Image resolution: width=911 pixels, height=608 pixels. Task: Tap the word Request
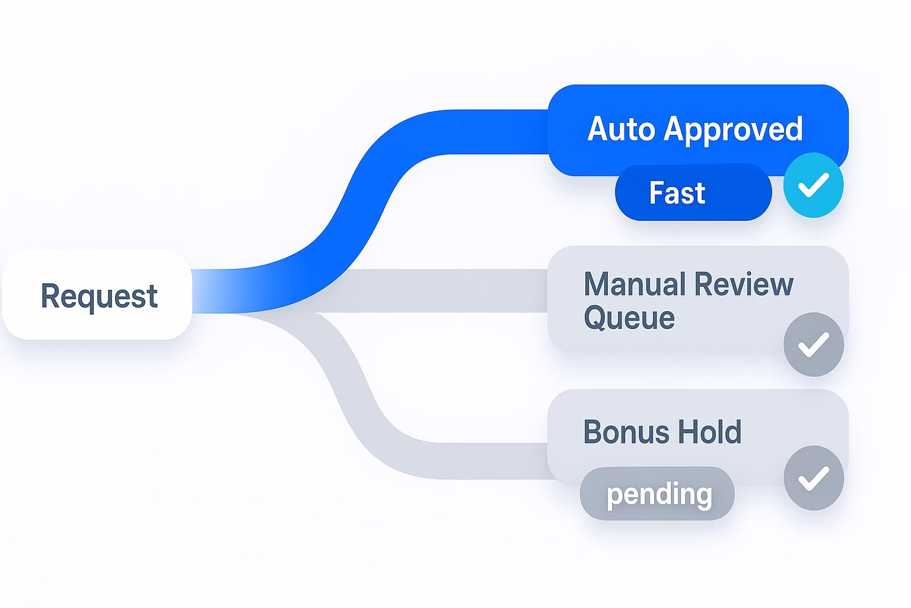[99, 296]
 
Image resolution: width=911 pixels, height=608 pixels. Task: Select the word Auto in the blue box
[621, 129]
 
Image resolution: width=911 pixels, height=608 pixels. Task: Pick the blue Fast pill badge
[693, 193]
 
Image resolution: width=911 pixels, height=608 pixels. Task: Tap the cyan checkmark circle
[813, 185]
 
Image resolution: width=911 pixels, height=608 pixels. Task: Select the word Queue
[629, 318]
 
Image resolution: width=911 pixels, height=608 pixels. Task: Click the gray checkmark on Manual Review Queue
[813, 344]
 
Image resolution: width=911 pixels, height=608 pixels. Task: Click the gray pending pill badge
[657, 494]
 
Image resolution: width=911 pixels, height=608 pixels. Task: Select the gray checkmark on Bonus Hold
[813, 478]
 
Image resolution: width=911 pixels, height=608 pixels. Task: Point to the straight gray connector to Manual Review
[439, 290]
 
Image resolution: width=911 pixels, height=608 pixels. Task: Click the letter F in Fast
[656, 193]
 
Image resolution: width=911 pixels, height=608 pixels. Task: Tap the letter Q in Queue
[595, 318]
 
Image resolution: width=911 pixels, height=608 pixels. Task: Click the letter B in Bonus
[593, 432]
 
